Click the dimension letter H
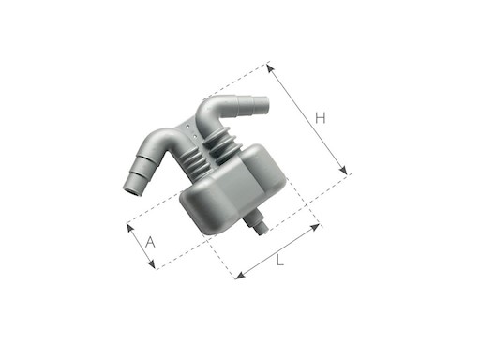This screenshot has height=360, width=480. (320, 118)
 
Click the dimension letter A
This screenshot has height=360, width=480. (150, 242)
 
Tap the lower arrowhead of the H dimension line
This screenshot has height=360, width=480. (346, 172)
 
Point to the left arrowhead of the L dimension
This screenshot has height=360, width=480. (238, 277)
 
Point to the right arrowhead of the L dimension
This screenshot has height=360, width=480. (318, 226)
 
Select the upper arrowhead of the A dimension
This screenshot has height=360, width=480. (128, 226)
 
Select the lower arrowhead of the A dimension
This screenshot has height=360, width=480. (155, 268)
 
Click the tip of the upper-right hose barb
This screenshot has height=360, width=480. (264, 103)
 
